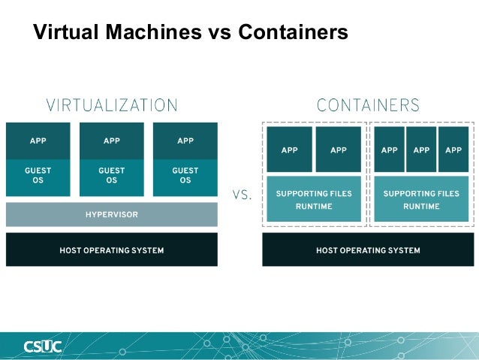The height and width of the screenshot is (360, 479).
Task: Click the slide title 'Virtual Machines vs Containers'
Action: tap(190, 32)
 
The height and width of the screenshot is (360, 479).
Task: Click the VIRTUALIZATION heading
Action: tap(112, 104)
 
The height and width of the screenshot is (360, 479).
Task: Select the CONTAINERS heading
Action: tap(368, 104)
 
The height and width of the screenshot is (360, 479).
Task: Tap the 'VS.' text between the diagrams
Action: tap(241, 195)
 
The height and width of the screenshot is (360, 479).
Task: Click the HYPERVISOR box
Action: tap(111, 215)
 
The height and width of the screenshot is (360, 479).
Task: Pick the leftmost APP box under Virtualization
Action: tap(38, 141)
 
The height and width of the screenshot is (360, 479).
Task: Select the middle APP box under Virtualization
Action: tap(111, 141)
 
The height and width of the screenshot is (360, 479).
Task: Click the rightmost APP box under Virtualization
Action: tap(185, 141)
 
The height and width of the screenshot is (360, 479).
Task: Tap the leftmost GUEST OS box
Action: tap(38, 177)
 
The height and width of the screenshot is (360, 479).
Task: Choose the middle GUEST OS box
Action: tap(111, 177)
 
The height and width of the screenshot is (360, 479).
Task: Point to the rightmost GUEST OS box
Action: tap(185, 177)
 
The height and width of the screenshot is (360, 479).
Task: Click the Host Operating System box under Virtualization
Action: tap(111, 250)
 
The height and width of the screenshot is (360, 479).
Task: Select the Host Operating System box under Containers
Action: tap(368, 250)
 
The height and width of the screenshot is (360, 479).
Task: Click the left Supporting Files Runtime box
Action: tap(314, 199)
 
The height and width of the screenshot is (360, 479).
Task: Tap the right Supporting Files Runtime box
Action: tap(421, 199)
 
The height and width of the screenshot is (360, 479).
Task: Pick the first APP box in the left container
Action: tap(290, 150)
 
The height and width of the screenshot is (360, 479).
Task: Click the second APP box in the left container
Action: tap(339, 150)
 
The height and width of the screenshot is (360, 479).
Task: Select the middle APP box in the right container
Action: tap(421, 150)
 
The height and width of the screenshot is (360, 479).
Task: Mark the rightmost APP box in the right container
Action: tap(453, 150)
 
